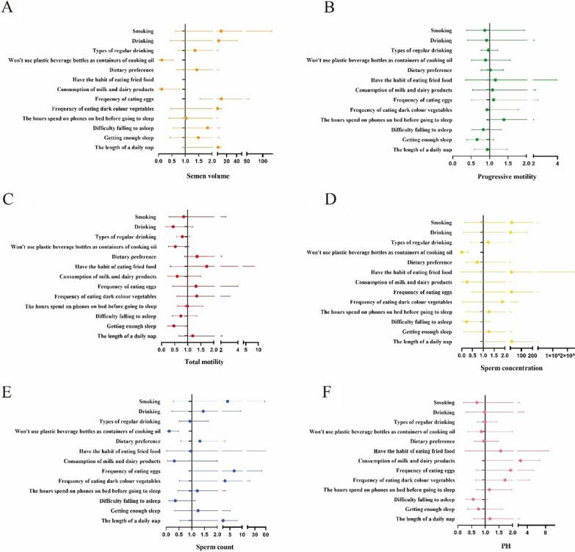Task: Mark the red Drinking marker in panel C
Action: click(173, 226)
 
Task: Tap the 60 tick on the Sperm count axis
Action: click(265, 534)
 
